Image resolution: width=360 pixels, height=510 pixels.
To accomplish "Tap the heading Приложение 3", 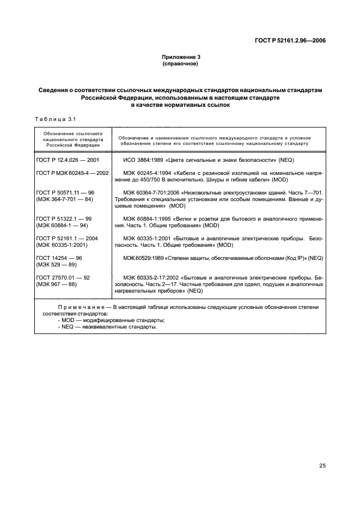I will click(180, 57).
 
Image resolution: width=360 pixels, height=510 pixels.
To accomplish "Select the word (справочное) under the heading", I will click(180, 64).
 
